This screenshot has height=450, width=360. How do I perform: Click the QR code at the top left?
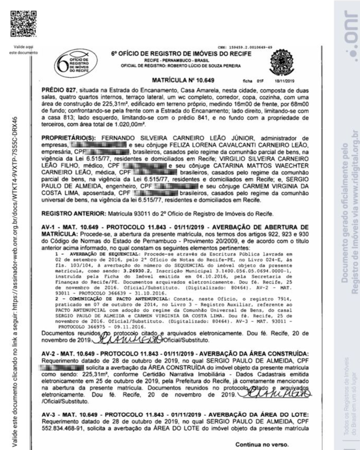tap(24, 24)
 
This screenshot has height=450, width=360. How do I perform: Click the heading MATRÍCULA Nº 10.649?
tap(183, 80)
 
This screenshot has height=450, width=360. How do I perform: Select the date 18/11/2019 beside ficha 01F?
tap(283, 81)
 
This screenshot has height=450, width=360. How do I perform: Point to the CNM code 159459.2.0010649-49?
tap(245, 47)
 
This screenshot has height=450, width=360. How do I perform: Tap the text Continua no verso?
tap(262, 444)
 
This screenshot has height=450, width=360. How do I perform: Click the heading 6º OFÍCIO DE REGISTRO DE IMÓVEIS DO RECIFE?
tap(181, 54)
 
